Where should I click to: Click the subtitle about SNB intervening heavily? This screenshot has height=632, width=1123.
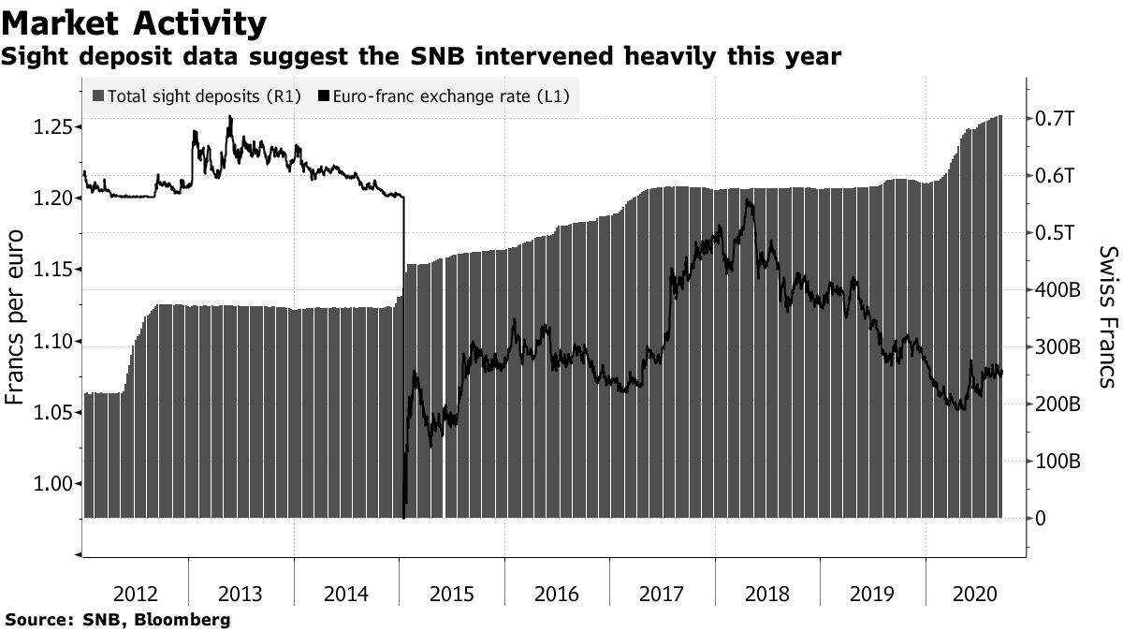421,58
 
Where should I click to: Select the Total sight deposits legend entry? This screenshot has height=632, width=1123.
197,96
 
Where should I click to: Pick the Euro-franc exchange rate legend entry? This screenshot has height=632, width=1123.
445,96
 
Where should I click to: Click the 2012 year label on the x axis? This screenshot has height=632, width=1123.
135,594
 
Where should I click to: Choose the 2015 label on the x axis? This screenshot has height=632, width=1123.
451,594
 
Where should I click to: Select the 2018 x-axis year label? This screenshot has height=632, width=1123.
766,594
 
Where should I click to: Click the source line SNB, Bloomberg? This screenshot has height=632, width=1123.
117,620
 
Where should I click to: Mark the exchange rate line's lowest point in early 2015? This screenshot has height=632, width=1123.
403,517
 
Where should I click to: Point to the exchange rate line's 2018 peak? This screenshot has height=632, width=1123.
748,199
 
